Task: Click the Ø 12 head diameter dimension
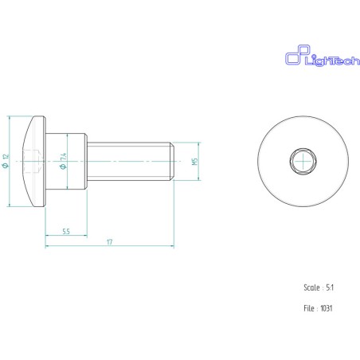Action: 6,161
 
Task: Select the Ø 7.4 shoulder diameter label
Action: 63,161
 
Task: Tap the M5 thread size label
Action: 195,162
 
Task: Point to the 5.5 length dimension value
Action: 66,232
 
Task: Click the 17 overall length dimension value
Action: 110,242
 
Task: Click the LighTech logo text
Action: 332,60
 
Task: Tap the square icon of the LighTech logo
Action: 297,55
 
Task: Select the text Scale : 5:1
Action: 319,288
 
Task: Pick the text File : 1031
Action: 318,308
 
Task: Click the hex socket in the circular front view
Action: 303,161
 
